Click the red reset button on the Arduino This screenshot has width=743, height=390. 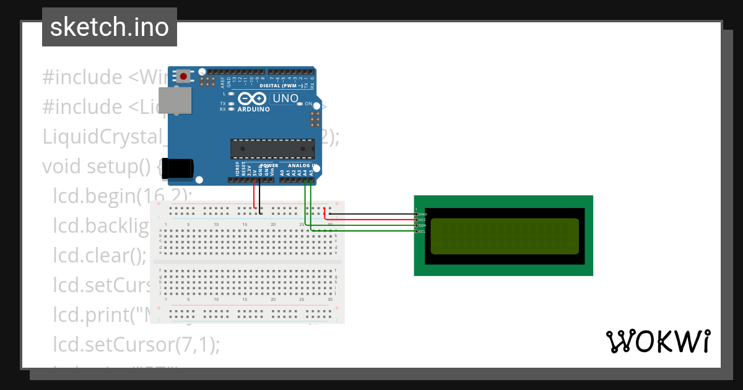click(x=184, y=76)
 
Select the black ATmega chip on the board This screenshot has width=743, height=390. click(x=272, y=149)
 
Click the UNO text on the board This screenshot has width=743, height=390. click(x=285, y=98)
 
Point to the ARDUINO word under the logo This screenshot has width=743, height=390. click(x=253, y=110)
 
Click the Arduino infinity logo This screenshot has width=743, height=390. click(x=253, y=98)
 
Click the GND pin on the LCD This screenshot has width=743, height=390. click(x=417, y=214)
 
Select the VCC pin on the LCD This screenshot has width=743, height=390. click(x=417, y=220)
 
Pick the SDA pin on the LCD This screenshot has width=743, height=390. click(x=417, y=225)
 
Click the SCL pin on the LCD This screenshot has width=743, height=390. click(x=417, y=231)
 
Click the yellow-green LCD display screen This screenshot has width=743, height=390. click(x=504, y=236)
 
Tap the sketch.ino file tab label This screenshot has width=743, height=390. click(x=110, y=27)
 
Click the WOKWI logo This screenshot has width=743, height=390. click(x=658, y=341)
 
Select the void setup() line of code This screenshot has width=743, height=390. click(x=99, y=167)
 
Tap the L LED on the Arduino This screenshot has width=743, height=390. click(x=230, y=93)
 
